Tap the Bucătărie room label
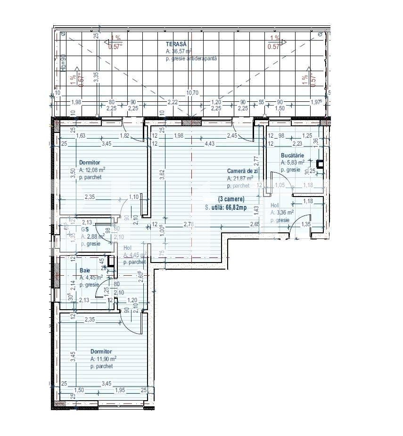click(292, 155)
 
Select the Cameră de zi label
click(243, 171)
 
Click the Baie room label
click(85, 271)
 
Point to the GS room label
click(85, 230)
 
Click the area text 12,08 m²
click(94, 170)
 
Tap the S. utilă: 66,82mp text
click(226, 207)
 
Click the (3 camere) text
click(231, 199)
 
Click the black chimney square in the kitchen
click(320, 165)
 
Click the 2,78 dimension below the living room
click(188, 224)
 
